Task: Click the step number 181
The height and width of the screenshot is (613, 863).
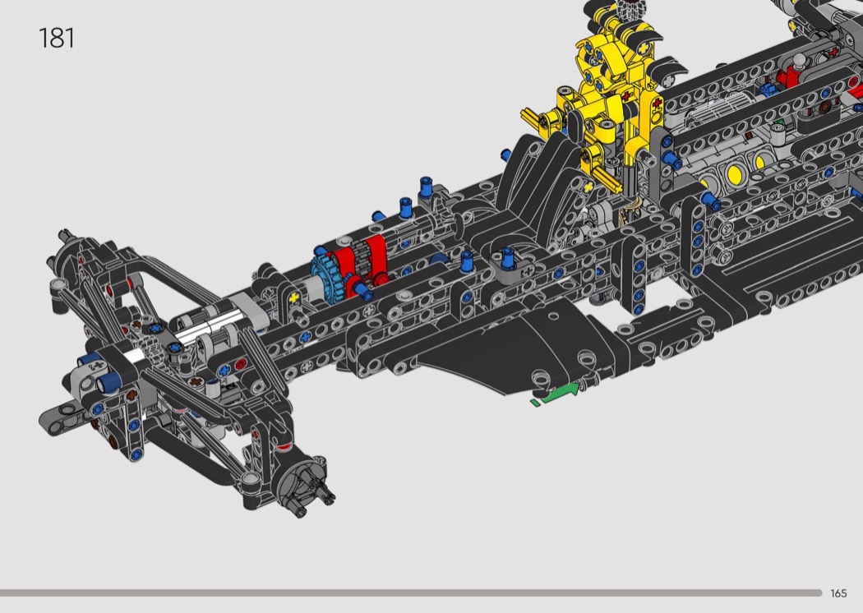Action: click(x=56, y=39)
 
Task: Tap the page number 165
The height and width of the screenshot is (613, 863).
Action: click(x=838, y=593)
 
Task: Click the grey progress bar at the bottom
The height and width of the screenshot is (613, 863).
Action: click(x=411, y=592)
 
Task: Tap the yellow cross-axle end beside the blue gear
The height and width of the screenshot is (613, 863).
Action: click(x=294, y=298)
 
